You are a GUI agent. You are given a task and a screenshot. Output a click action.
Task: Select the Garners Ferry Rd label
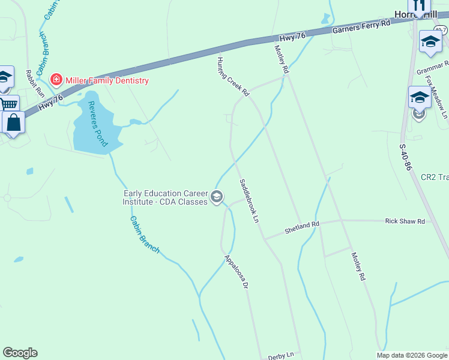(x=361, y=26)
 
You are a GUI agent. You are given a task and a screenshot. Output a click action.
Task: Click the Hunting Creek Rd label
(x=233, y=75)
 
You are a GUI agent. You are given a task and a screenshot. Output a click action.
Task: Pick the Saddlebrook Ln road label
(x=249, y=201)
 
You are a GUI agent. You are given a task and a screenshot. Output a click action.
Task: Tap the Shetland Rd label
(x=302, y=226)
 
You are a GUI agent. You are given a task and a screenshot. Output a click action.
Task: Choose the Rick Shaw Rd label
(x=405, y=221)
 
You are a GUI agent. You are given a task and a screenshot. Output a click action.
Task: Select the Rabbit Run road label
(x=35, y=83)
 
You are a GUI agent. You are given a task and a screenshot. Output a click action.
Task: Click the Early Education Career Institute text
(x=164, y=197)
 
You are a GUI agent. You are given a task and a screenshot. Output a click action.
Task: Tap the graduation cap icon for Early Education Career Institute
(x=217, y=197)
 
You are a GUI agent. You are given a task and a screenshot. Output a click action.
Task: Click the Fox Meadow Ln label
(x=437, y=96)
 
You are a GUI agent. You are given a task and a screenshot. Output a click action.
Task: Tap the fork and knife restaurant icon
(x=419, y=4)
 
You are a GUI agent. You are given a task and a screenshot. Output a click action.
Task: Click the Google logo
(x=20, y=353)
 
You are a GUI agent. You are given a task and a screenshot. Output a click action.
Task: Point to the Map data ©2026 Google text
(x=411, y=355)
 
